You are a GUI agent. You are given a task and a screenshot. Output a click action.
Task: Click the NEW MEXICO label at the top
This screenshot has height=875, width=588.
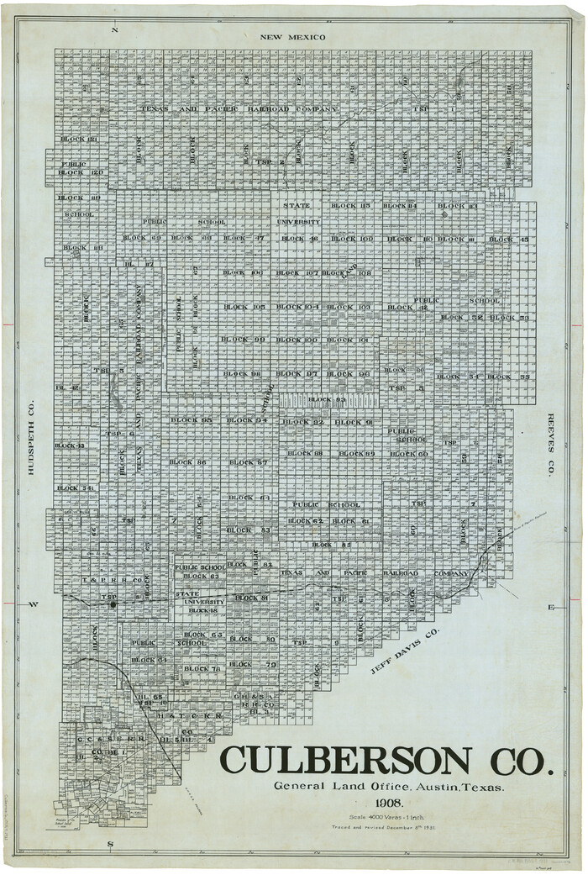tap(291, 37)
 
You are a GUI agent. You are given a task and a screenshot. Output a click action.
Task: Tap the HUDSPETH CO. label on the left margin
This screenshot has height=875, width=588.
tap(31, 437)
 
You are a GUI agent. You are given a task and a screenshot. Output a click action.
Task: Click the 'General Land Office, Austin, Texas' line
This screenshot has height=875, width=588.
tap(388, 787)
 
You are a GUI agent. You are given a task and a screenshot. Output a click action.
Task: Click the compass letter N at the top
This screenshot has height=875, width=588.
tap(116, 31)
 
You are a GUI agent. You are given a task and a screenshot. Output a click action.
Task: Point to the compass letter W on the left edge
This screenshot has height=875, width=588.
tap(34, 604)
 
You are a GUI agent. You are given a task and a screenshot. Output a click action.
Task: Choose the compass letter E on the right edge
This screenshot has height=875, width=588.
tap(551, 606)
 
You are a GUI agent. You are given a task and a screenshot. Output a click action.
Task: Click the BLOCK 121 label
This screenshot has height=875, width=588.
tap(79, 139)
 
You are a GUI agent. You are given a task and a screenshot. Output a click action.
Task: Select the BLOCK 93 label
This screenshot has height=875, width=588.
tap(326, 399)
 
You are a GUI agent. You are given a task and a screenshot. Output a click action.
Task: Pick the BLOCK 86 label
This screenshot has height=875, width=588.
tap(189, 462)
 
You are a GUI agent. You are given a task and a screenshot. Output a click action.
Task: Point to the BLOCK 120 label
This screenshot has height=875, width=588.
tap(81, 172)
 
